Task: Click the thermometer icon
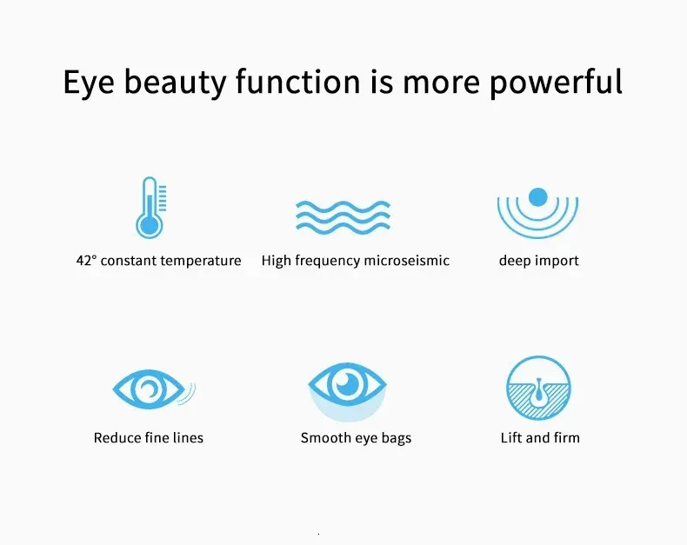click(x=150, y=208)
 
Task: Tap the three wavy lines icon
click(x=343, y=214)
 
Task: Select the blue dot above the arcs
click(x=537, y=196)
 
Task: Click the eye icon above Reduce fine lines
click(x=150, y=389)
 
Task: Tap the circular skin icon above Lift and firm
click(x=538, y=389)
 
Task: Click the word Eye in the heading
click(x=90, y=82)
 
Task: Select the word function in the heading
click(x=298, y=82)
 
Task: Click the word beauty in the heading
click(x=180, y=82)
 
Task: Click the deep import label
click(x=538, y=261)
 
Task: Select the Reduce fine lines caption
click(x=149, y=438)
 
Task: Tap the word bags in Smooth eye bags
click(x=396, y=438)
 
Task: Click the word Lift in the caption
click(x=510, y=438)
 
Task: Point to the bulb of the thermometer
click(x=150, y=226)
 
